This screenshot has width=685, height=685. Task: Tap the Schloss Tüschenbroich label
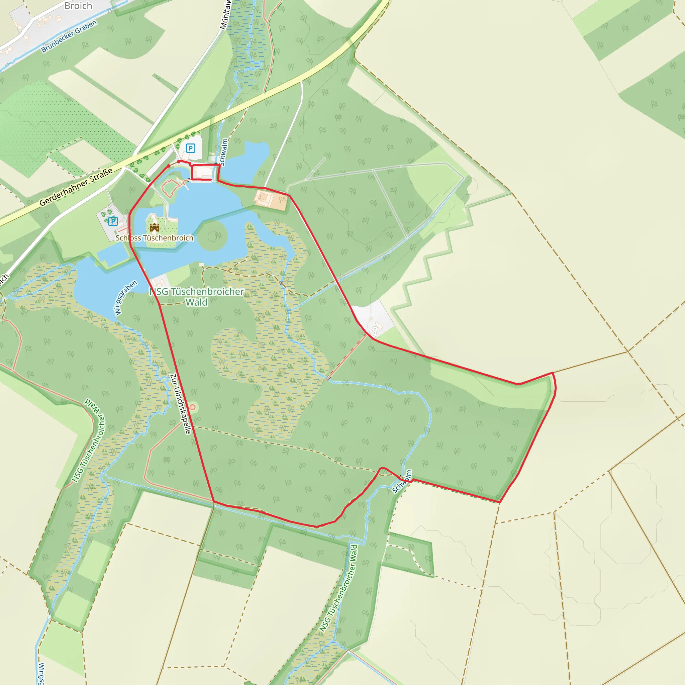coord(155,238)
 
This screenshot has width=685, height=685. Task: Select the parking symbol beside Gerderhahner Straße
coord(190,148)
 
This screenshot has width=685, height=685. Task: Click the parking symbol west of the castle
coord(113,221)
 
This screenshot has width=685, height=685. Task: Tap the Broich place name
coord(78,6)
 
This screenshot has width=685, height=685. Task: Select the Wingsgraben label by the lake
coord(125,298)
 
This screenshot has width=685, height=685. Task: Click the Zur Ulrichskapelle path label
coord(181,403)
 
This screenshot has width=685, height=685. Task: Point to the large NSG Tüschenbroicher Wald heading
coord(197,297)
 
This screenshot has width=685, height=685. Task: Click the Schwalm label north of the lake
coord(223,152)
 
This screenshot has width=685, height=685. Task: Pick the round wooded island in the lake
coord(212,235)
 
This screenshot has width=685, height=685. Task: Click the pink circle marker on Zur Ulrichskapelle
coord(193,407)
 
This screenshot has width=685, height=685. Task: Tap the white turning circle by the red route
coord(374,330)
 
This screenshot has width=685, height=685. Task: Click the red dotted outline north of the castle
coord(170,188)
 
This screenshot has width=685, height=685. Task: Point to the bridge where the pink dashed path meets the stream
coord(328,378)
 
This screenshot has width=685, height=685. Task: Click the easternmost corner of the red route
coord(555,388)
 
